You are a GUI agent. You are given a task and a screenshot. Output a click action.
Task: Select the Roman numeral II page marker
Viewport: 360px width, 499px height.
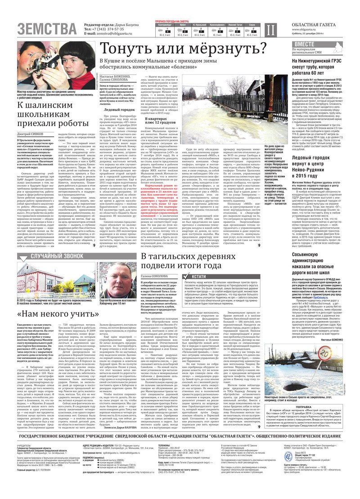point(269,30)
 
